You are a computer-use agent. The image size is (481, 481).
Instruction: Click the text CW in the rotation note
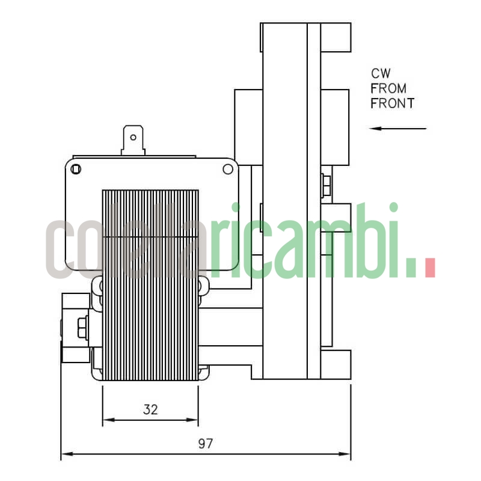point(381,74)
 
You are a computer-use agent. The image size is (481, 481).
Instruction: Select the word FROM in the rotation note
point(388,88)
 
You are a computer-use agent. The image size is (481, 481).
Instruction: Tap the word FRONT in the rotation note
point(392,103)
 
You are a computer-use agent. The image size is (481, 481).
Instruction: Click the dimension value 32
point(150,409)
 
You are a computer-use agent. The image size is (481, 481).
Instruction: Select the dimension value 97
point(206,444)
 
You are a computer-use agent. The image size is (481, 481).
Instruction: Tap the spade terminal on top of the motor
point(133,139)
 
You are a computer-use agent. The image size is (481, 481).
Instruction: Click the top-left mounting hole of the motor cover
point(76,169)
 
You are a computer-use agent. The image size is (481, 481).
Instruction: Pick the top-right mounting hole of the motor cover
point(228,169)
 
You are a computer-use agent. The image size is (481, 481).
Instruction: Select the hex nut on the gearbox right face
point(325,185)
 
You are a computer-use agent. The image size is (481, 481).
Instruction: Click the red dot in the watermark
point(429,268)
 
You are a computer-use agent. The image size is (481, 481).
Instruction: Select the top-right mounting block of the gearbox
point(335,37)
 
